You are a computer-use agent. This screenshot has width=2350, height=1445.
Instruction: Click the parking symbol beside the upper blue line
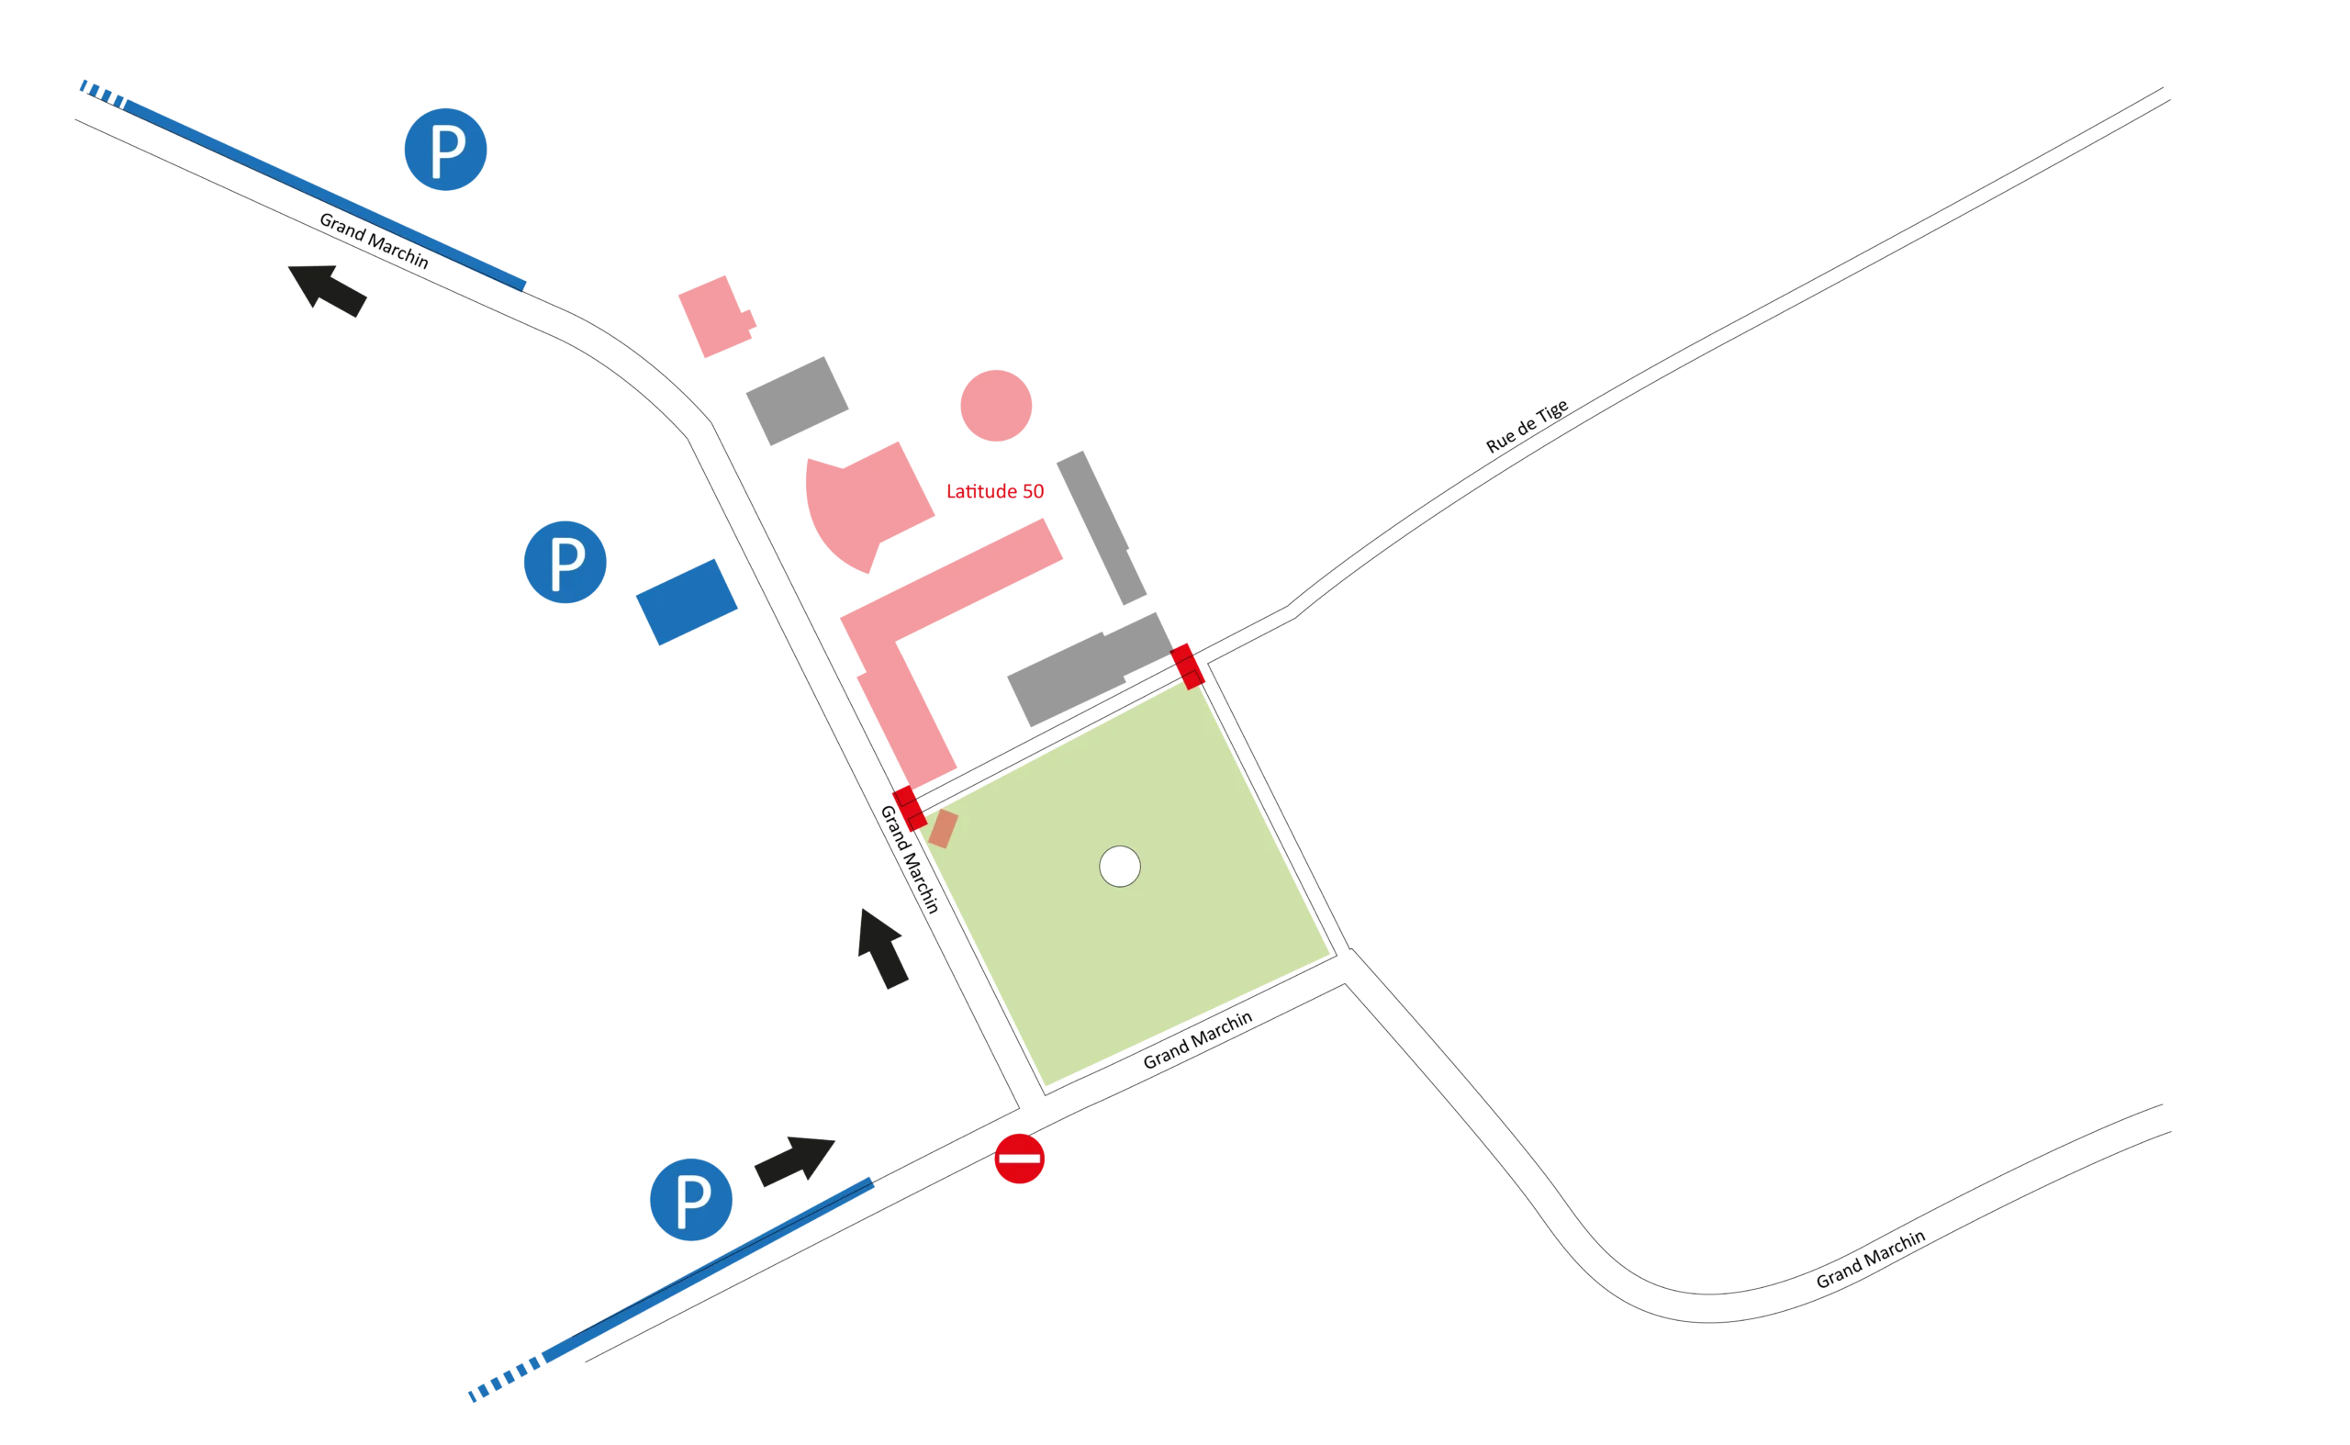(446, 149)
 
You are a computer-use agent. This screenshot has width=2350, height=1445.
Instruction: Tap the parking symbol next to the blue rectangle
(565, 561)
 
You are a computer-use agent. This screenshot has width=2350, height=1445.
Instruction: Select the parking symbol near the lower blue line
(690, 1198)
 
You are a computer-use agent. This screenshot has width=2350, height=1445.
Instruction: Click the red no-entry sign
(1020, 1159)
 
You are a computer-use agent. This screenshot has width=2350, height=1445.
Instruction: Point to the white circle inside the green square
(1119, 867)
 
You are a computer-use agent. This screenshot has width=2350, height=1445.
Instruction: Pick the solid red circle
(996, 406)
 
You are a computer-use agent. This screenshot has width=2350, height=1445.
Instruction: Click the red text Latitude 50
(996, 491)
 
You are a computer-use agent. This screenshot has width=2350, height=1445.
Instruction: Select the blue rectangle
(686, 602)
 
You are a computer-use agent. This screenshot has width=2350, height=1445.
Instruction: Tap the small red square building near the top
(716, 317)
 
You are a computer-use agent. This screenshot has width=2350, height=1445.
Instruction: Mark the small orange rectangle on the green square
(945, 829)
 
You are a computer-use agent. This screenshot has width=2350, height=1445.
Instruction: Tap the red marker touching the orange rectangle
(908, 810)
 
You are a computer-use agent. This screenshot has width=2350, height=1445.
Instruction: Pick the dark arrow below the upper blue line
(330, 293)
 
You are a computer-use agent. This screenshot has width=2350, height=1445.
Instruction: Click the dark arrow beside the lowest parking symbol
(792, 1159)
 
